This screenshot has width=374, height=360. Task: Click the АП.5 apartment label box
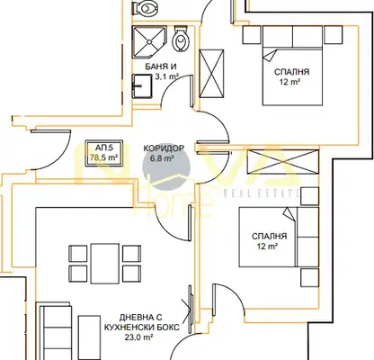click(x=104, y=153)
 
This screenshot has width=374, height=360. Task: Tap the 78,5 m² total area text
click(x=103, y=157)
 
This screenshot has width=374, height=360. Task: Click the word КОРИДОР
click(x=164, y=148)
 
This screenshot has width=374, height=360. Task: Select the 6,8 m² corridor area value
click(x=163, y=158)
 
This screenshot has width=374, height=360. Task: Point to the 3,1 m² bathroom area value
click(x=166, y=76)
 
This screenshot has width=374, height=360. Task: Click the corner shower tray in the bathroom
click(x=149, y=41)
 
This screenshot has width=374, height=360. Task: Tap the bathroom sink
click(x=142, y=86)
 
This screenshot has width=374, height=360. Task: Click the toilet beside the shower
click(x=181, y=39)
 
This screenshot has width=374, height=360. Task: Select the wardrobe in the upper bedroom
click(x=211, y=74)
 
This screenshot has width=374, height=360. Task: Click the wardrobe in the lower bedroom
click(x=282, y=162)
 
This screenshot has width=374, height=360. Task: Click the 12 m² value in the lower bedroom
click(x=267, y=247)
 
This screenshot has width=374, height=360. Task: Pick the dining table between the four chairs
click(x=105, y=263)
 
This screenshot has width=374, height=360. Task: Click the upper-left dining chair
click(x=78, y=254)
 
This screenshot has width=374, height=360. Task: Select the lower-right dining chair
click(x=132, y=274)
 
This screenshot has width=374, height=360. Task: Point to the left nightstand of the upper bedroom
click(x=252, y=35)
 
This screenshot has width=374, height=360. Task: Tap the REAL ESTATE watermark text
click(x=262, y=193)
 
